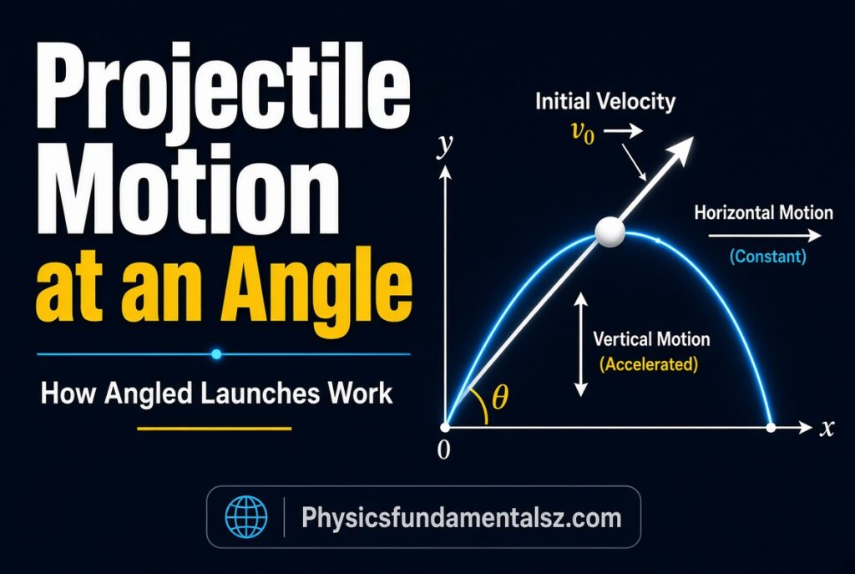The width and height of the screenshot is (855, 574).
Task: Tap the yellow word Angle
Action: (316, 288)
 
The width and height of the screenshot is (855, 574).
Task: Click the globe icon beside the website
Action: (246, 517)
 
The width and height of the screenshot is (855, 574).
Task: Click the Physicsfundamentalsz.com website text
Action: (461, 517)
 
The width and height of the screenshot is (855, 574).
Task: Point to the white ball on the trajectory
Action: (610, 232)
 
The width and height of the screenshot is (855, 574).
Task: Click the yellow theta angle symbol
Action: (500, 397)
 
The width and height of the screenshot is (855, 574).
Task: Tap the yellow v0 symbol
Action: (582, 133)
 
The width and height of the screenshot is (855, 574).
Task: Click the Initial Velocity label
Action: (605, 101)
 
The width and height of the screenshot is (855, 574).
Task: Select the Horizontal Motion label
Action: (763, 212)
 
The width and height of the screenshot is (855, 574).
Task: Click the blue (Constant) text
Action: (768, 256)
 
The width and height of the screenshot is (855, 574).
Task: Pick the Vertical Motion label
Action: (651, 339)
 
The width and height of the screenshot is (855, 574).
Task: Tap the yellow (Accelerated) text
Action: (648, 364)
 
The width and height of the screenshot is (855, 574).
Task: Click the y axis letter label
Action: (445, 145)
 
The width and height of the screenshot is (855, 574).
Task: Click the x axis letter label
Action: (827, 428)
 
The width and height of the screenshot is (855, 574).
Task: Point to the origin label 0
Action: (444, 450)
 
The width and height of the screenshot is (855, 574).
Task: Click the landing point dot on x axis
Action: (771, 428)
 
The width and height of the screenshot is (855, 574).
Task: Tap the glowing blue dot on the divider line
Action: (216, 354)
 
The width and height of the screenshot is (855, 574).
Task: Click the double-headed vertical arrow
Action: (581, 344)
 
